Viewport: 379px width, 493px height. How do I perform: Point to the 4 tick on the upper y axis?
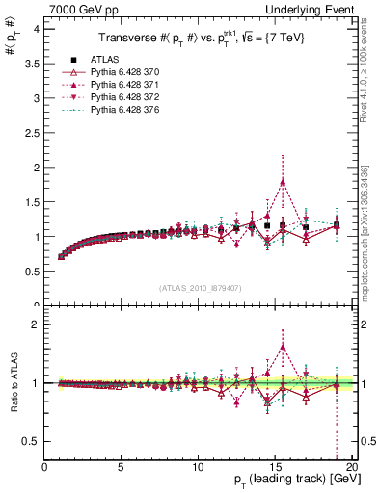coord(37,29)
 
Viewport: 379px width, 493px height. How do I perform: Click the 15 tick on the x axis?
coord(275,467)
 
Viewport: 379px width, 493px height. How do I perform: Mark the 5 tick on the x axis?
coord(122,467)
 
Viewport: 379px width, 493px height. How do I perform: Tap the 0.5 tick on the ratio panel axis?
coord(33,441)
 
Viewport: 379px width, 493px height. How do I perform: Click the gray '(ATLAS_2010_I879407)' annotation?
coord(200,286)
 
